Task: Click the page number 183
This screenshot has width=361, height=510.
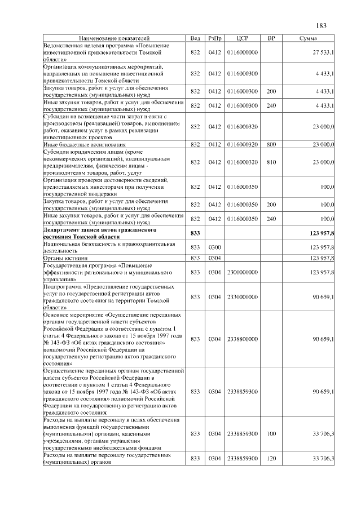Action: coord(322,25)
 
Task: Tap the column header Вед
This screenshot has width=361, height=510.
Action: coord(195,38)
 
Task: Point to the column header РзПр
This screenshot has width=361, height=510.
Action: coord(214,38)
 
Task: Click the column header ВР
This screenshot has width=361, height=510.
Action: coord(271,38)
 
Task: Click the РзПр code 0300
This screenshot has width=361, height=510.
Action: coord(214,247)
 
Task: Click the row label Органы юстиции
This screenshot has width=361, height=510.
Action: coord(65,258)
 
